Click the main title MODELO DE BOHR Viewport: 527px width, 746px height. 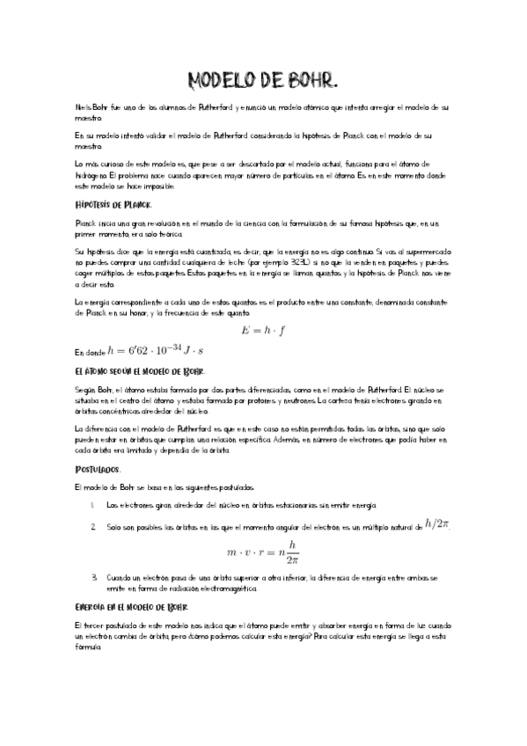(263, 82)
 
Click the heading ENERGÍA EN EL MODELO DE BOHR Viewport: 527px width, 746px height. (130, 607)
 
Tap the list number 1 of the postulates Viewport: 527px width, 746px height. (92, 505)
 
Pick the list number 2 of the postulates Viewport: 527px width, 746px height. (92, 526)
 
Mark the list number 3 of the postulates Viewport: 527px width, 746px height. (92, 577)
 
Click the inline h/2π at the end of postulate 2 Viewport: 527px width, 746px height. (437, 523)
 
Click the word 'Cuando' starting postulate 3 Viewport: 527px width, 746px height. (119, 577)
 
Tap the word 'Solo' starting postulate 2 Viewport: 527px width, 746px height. (113, 526)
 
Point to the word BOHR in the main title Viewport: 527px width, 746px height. (310, 82)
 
